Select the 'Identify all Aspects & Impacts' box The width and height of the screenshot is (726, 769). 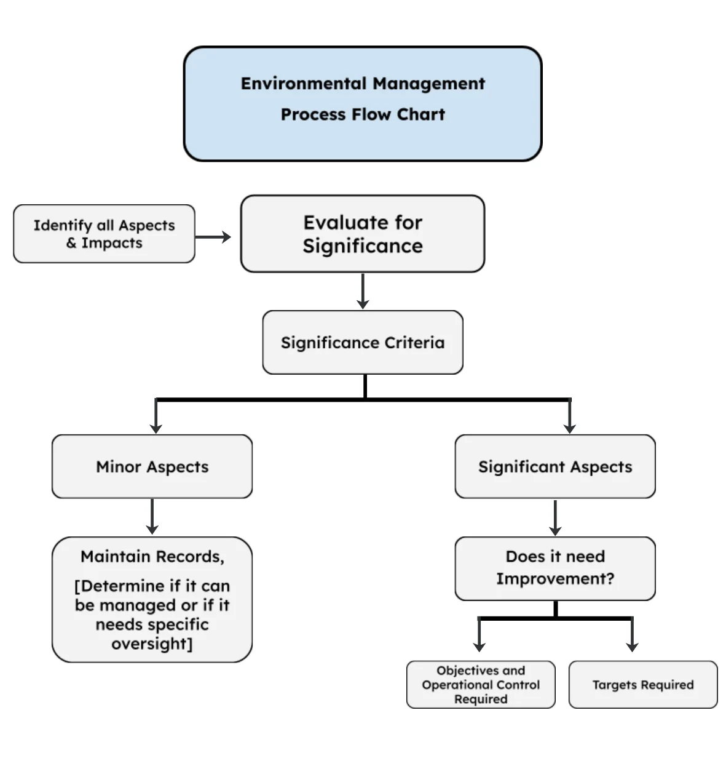pyautogui.click(x=104, y=234)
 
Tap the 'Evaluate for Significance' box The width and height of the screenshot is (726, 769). pyautogui.click(x=363, y=234)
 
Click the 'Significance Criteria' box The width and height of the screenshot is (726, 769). pyautogui.click(x=363, y=343)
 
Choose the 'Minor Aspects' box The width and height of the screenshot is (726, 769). pyautogui.click(x=152, y=467)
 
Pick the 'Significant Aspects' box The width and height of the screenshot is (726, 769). pyautogui.click(x=555, y=467)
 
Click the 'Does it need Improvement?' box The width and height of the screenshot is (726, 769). pyautogui.click(x=555, y=568)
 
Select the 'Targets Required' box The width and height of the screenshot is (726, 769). pyautogui.click(x=643, y=685)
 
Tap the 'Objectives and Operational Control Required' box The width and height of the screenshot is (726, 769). pyautogui.click(x=481, y=685)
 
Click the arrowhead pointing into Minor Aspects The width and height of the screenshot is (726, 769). pyautogui.click(x=156, y=426)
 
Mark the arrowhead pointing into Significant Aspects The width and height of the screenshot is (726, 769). pyautogui.click(x=570, y=426)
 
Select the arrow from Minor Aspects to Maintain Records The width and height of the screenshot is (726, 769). pyautogui.click(x=152, y=517)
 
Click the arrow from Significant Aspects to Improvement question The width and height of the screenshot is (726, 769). pyautogui.click(x=555, y=517)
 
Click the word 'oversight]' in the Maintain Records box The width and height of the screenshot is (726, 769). pyautogui.click(x=152, y=644)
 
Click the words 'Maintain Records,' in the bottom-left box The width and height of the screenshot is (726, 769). pyautogui.click(x=152, y=557)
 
